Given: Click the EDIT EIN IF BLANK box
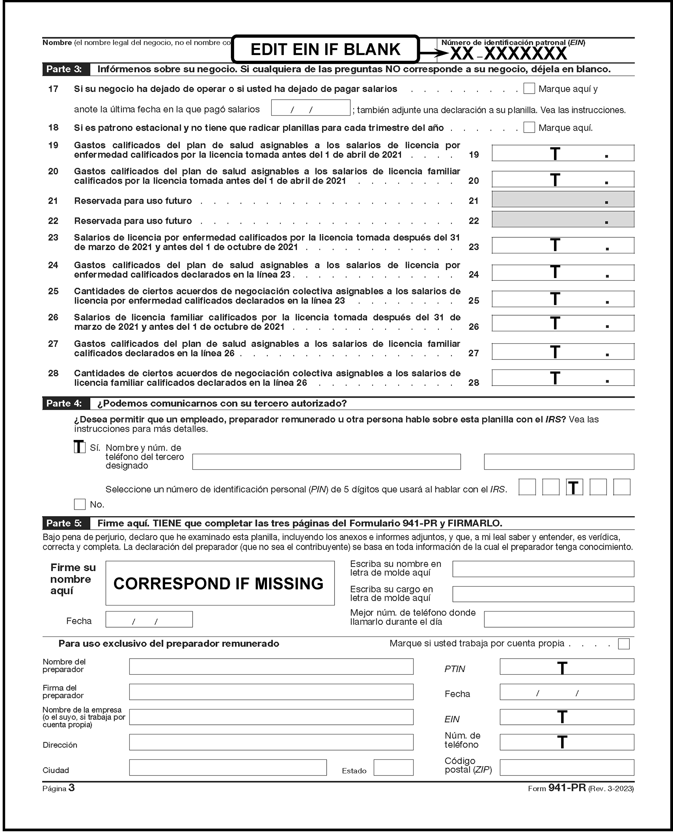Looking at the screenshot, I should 325,49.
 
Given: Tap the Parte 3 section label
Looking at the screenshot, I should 64,69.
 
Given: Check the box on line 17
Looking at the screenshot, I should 529,88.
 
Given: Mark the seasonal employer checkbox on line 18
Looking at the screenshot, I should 529,127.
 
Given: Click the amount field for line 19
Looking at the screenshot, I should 563,153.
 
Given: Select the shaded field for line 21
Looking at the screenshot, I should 563,199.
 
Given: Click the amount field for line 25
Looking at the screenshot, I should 563,299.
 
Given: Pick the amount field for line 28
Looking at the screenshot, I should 563,378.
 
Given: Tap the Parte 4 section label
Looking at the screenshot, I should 64,403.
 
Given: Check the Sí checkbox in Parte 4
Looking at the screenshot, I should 79,447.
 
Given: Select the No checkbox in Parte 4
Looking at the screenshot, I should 79,504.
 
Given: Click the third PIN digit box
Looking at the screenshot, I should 574,487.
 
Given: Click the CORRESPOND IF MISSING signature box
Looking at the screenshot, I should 220,583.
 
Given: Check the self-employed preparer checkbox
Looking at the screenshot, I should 624,644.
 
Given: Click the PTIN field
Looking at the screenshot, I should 566,667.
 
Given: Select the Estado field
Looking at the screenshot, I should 393,768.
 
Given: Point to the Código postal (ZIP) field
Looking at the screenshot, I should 566,768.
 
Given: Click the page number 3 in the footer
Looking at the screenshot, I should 71,787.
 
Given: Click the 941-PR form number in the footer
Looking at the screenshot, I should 567,788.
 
